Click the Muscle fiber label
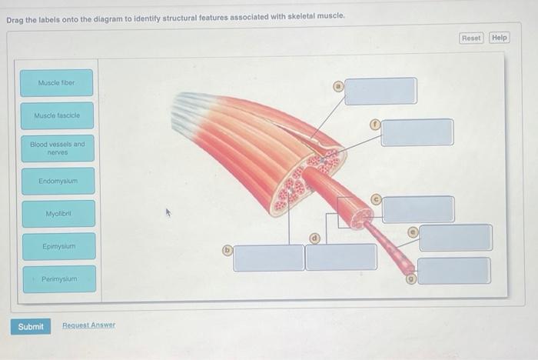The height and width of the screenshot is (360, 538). tap(58, 82)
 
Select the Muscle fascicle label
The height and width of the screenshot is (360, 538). tap(58, 115)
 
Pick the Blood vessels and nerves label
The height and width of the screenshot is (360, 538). tap(58, 148)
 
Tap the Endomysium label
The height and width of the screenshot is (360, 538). tap(58, 182)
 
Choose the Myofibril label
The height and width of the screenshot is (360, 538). tap(58, 214)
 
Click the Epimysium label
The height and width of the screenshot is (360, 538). tap(58, 246)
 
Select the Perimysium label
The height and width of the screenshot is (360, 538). tap(58, 279)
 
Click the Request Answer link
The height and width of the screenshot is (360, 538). tap(88, 325)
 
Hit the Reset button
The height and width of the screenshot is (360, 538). tap(471, 38)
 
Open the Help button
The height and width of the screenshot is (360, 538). tap(500, 38)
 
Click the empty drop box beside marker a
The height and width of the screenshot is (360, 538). tap(380, 91)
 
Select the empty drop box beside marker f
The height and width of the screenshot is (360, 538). tap(417, 132)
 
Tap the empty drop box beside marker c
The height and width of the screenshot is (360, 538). tap(418, 209)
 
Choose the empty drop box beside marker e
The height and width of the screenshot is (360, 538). tap(455, 238)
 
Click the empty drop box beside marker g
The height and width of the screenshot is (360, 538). tap(453, 271)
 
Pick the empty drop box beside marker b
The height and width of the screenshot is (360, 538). tap(269, 258)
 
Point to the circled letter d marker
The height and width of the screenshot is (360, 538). tap(314, 238)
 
